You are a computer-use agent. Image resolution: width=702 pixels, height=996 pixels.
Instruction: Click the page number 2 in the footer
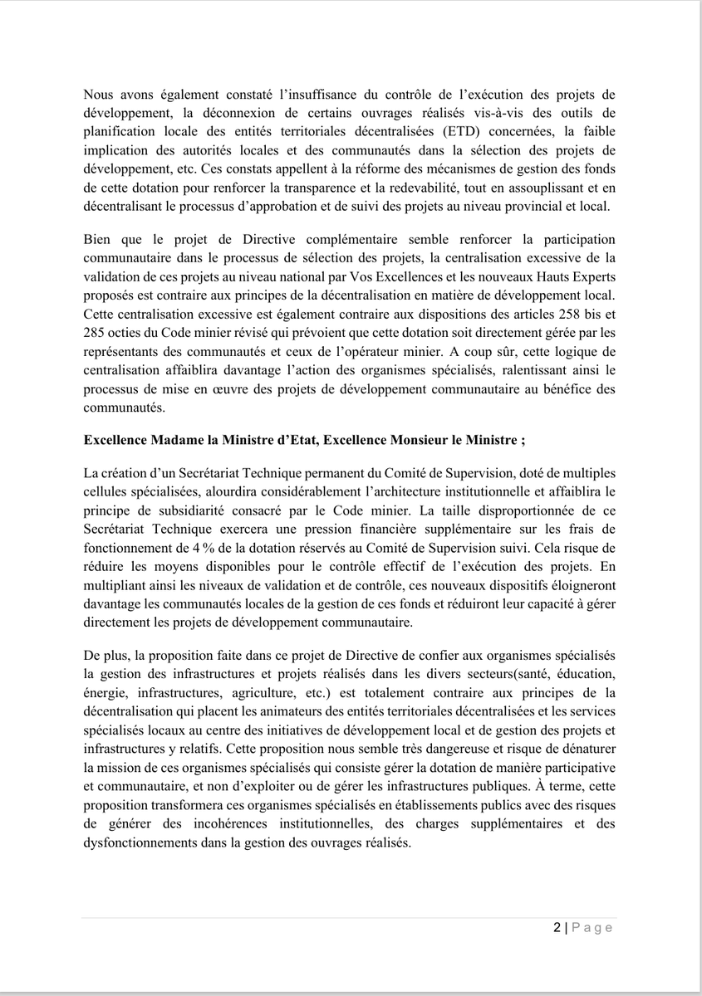(x=557, y=928)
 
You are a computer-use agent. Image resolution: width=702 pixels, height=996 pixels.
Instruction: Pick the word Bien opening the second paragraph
(x=97, y=240)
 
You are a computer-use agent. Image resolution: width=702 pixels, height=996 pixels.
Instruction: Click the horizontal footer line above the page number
(x=349, y=917)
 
